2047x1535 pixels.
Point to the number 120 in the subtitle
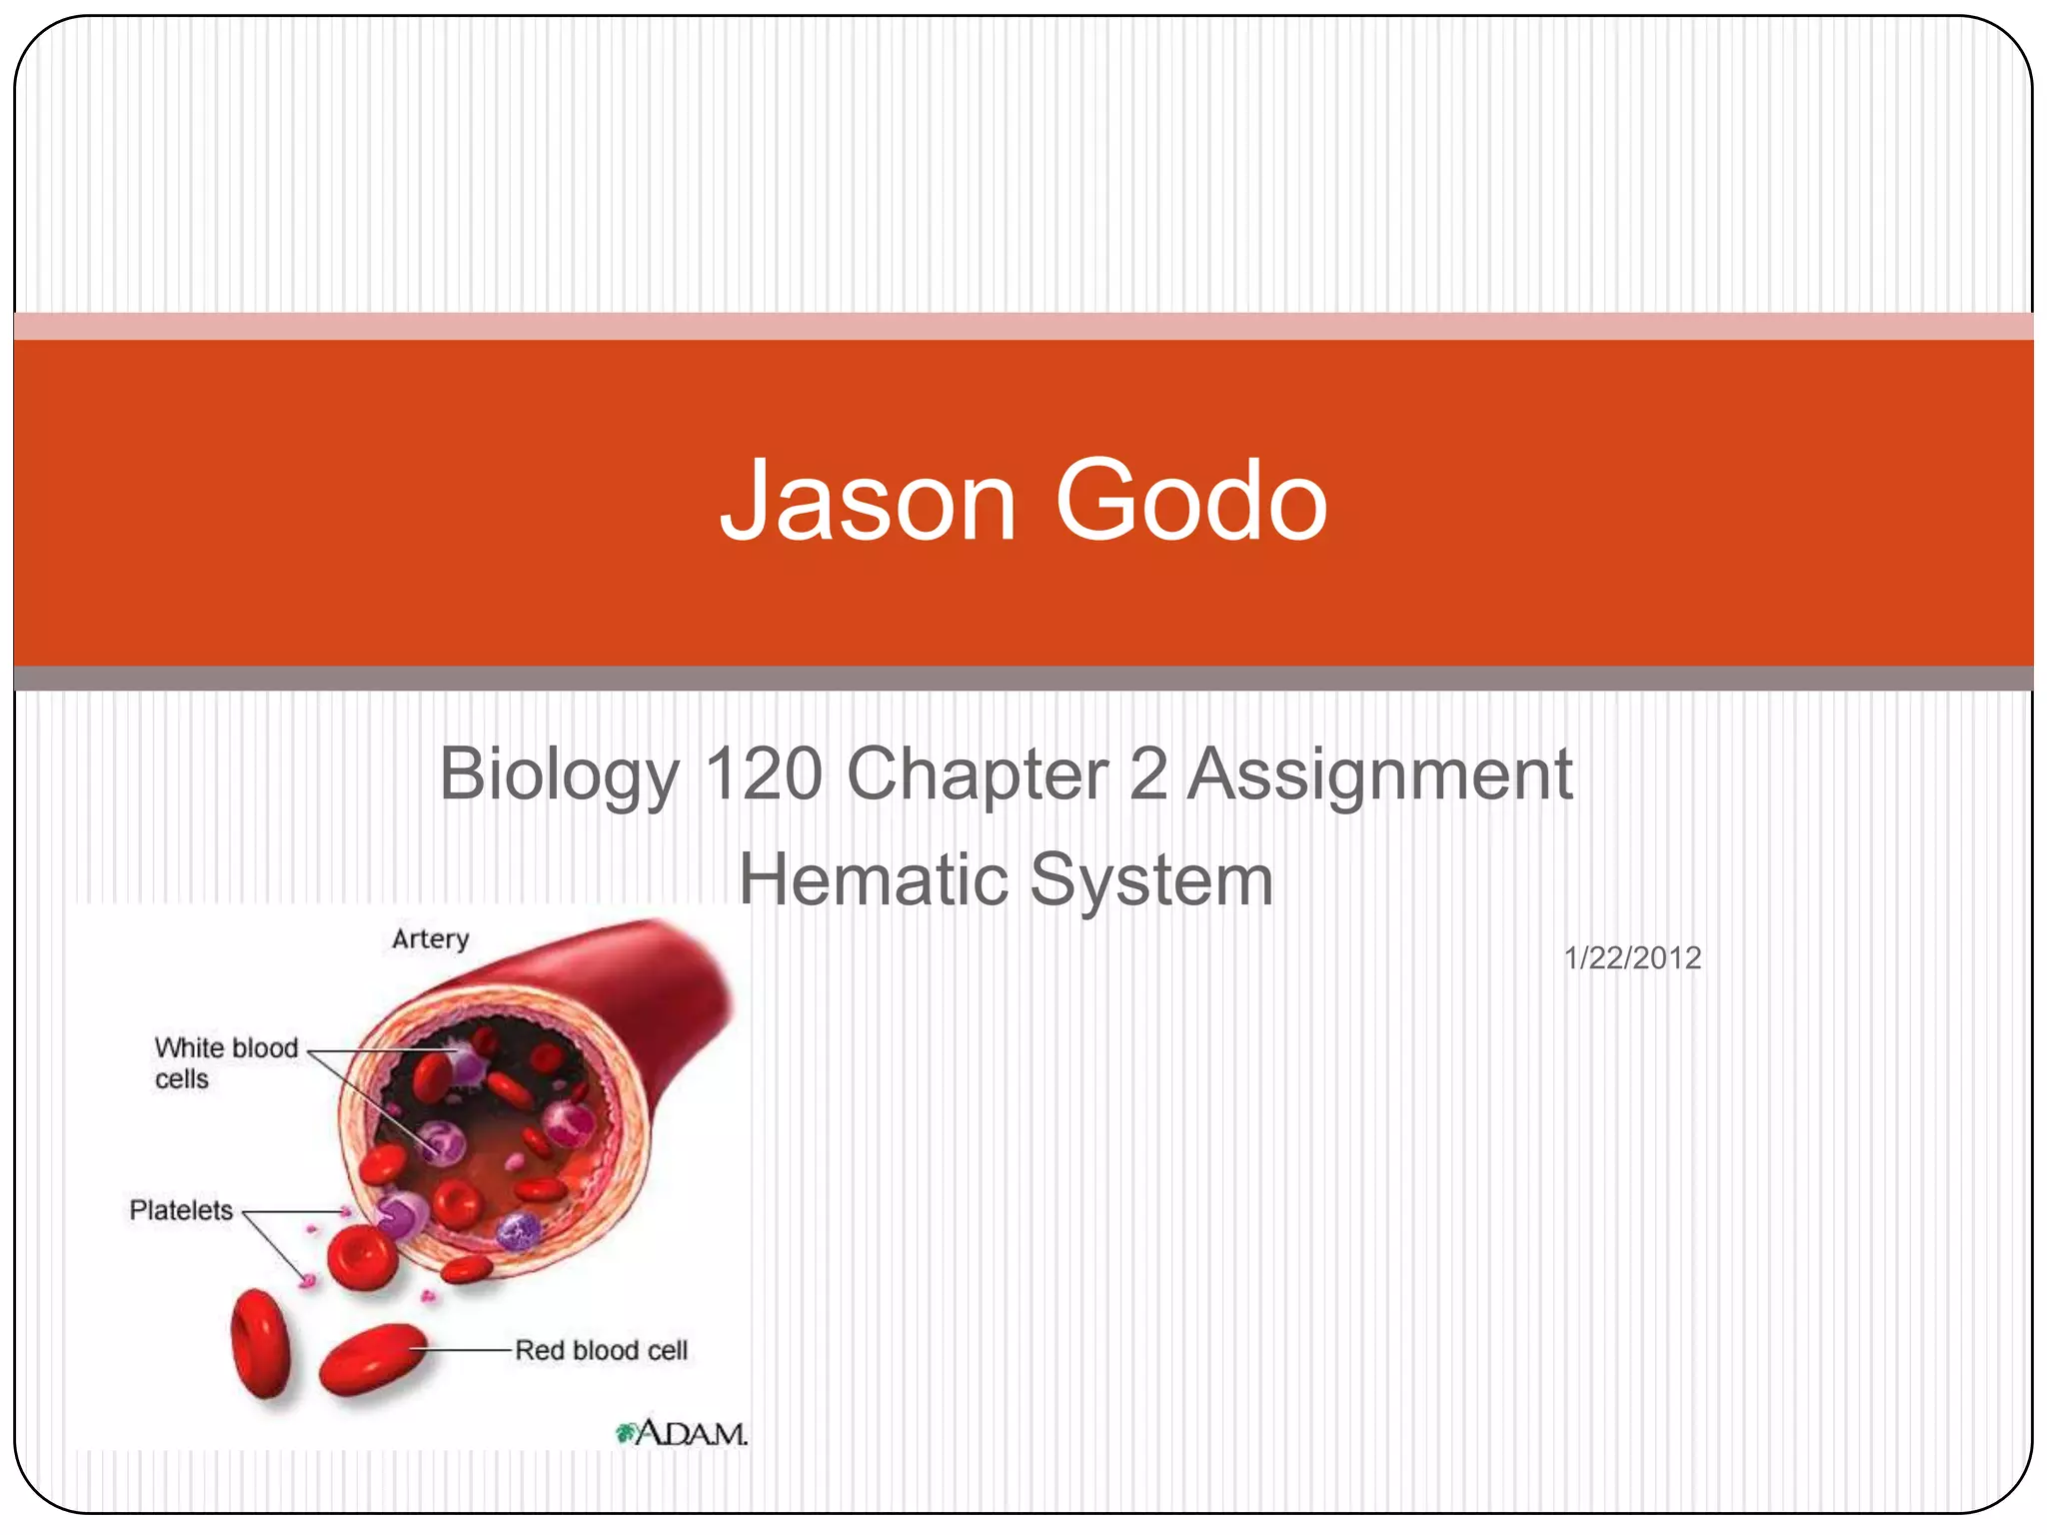coord(765,773)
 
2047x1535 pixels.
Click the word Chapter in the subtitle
coord(978,775)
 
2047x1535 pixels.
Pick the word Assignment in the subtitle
coord(1379,775)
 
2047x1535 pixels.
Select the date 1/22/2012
coord(1632,958)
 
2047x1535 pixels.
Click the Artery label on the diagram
coord(430,939)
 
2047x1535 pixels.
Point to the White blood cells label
coord(226,1063)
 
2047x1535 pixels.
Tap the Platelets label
coord(181,1211)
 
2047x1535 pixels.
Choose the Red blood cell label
coord(602,1351)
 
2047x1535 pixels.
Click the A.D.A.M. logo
coord(683,1434)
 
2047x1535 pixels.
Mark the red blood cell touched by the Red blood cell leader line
coord(373,1357)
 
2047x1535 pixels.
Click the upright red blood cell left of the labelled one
coord(261,1342)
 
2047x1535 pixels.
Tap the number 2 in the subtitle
coord(1147,773)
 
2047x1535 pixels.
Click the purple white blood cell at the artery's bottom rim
coord(518,1232)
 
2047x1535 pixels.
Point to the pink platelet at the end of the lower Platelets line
coord(308,1280)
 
